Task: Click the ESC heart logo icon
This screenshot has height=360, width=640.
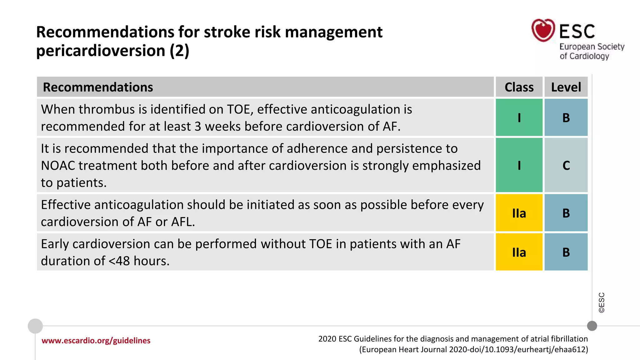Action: [x=543, y=30]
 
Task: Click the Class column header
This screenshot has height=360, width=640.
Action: [x=519, y=87]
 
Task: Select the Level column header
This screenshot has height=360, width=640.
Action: [x=566, y=87]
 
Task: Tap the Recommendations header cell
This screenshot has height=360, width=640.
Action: [x=98, y=87]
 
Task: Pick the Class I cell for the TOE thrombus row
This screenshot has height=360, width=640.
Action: [x=519, y=118]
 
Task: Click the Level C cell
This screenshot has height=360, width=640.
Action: [x=566, y=165]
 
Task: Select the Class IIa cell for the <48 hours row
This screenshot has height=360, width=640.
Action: [x=519, y=252]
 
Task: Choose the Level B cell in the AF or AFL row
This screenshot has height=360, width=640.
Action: [x=566, y=213]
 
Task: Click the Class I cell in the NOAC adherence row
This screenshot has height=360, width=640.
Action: [x=519, y=165]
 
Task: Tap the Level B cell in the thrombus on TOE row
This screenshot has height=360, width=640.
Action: [x=566, y=118]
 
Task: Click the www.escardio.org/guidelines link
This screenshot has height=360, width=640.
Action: [x=96, y=341]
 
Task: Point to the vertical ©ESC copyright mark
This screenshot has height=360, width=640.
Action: [x=602, y=302]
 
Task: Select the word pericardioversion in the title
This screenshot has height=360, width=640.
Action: [x=101, y=51]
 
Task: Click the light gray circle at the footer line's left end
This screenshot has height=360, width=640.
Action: [x=35, y=326]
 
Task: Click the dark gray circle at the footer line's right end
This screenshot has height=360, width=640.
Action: [x=592, y=326]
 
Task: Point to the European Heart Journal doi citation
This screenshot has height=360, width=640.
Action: [x=473, y=349]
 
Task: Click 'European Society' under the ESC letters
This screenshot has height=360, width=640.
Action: [x=592, y=47]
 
